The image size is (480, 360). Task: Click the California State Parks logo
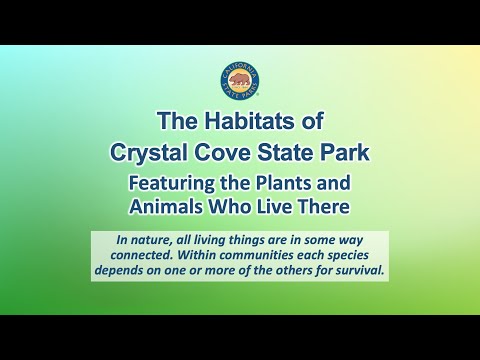240,82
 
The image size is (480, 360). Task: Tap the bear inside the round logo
240,80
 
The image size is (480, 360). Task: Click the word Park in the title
340,153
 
